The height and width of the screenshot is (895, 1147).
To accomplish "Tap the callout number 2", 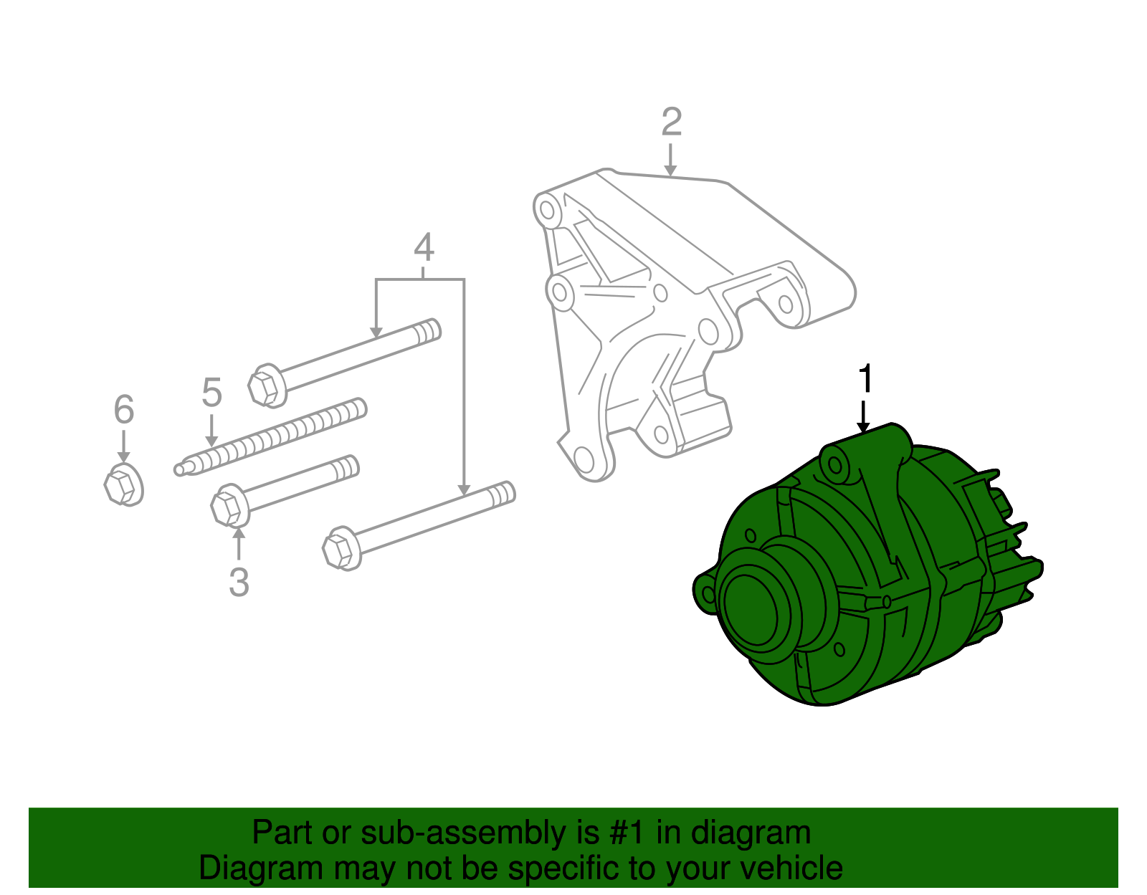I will [x=671, y=123].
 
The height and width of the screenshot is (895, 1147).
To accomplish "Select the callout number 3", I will [x=239, y=582].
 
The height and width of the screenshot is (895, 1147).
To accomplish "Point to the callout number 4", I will [x=424, y=248].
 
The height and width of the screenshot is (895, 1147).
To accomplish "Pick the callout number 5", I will [x=211, y=393].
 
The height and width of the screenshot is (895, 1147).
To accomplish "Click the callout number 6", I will [x=124, y=410].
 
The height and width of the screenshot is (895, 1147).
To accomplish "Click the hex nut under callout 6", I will [x=122, y=485].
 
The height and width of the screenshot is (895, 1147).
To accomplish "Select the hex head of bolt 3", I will [x=228, y=505].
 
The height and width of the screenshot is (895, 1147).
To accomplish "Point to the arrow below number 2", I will [x=670, y=160].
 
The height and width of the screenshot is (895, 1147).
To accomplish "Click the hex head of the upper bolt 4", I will [x=265, y=386].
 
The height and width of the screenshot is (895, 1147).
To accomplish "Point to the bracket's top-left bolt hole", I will [x=548, y=211].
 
